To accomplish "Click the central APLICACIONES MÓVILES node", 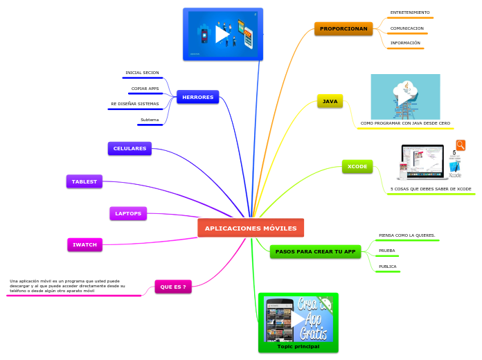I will point(251,228).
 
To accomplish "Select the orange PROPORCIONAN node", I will point(343,28).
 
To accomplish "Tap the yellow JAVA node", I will point(330,101).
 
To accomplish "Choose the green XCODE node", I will point(357,166).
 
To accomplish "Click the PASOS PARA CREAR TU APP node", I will point(315,251).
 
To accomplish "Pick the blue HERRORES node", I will point(197,97).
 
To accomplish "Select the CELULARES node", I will point(130,148).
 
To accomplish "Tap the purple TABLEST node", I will point(84,181).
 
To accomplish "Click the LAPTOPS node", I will point(128,213).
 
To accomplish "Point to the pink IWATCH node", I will point(85,244).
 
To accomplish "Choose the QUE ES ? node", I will point(172,286).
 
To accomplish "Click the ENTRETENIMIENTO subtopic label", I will point(410,12).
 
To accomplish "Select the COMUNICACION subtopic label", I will point(407,28).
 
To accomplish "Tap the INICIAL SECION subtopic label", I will point(142,73).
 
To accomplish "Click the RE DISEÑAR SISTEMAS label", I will point(135,104).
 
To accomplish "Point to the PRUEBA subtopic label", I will point(387,251).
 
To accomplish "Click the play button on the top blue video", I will point(222,33).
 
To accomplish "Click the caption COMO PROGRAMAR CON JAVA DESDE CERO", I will point(405,123).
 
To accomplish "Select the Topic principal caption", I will point(298,346).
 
